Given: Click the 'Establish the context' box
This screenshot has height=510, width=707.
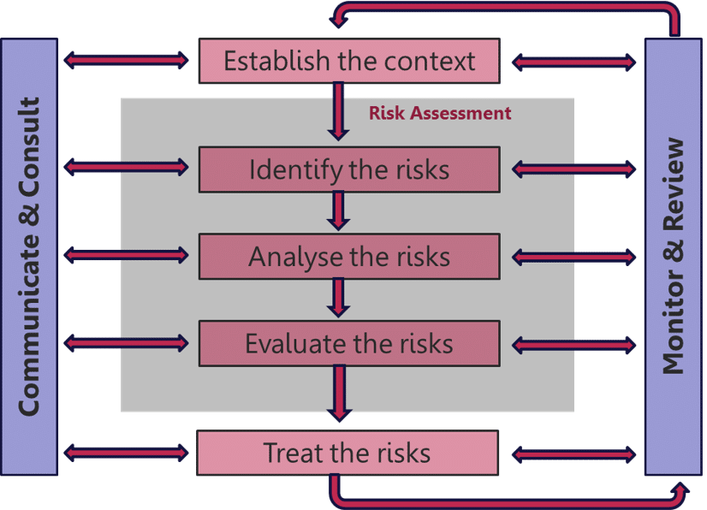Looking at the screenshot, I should [349, 61].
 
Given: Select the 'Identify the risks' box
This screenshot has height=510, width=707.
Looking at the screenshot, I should [349, 169].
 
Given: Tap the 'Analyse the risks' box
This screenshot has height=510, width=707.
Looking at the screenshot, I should [349, 257].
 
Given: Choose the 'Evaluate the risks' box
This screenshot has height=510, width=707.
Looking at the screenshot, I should [349, 344].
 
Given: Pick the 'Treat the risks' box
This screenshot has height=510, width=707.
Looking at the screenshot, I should [348, 453].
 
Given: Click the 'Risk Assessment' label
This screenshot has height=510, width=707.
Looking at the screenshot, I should [440, 113].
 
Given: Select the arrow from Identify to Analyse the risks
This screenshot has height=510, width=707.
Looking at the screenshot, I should [339, 211].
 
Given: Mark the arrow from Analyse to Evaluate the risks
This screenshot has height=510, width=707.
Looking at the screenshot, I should [339, 298].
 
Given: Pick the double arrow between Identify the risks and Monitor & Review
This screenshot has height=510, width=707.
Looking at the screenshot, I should [574, 169].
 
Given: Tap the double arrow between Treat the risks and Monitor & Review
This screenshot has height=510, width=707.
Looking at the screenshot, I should [574, 453].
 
